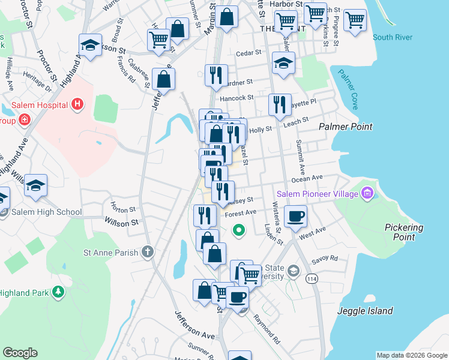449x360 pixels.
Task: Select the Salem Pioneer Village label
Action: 317,193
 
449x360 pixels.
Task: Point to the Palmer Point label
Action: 346,127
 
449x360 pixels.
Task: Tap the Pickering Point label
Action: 403,232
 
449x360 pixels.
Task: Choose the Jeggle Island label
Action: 365,311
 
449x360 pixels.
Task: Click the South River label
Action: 392,37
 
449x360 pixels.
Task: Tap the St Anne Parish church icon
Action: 148,252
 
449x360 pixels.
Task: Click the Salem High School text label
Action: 46,212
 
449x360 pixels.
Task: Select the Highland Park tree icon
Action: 58,292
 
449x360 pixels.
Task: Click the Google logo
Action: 20,353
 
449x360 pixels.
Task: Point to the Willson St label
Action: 121,222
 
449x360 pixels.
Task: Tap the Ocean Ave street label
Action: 307,178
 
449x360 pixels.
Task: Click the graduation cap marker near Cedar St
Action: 283,62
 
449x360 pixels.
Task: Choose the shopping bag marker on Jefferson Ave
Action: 163,79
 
